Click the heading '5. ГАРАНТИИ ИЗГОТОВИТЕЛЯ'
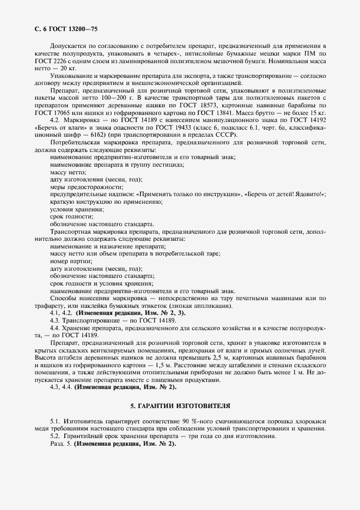[x=180, y=406]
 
